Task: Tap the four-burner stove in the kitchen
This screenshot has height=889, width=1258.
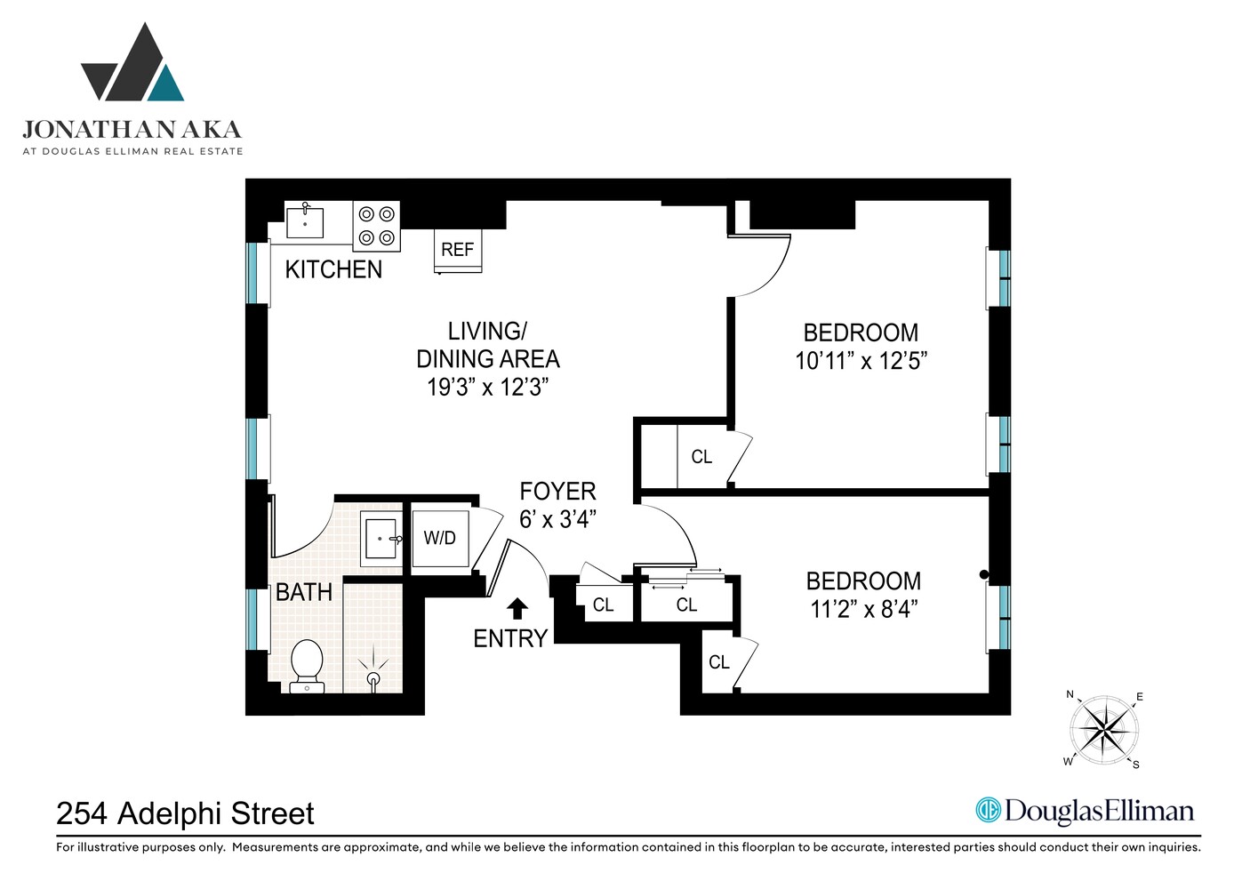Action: pyautogui.click(x=376, y=227)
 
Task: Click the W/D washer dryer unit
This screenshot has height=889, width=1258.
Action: pyautogui.click(x=440, y=538)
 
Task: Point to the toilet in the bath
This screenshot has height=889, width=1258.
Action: pyautogui.click(x=307, y=666)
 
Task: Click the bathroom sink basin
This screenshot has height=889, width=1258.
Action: pyautogui.click(x=381, y=539)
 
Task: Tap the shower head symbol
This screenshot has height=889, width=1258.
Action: pyautogui.click(x=373, y=671)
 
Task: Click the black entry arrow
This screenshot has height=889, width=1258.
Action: pyautogui.click(x=517, y=609)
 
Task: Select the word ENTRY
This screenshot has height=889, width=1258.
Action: pyautogui.click(x=510, y=638)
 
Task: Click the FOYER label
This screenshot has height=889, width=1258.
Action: pyautogui.click(x=557, y=492)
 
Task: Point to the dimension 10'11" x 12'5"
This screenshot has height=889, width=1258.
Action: pyautogui.click(x=861, y=361)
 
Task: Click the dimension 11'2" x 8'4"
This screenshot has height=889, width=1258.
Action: pyautogui.click(x=864, y=609)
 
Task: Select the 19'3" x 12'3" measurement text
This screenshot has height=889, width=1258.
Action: pyautogui.click(x=487, y=387)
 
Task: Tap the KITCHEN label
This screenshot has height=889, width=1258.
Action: pyautogui.click(x=333, y=269)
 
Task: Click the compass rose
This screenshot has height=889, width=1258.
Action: pyautogui.click(x=1103, y=730)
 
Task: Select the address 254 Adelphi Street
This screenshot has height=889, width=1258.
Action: pyautogui.click(x=185, y=813)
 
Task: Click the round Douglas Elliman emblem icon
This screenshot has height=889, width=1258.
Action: pyautogui.click(x=989, y=811)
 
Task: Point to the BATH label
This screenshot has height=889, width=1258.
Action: pyautogui.click(x=304, y=592)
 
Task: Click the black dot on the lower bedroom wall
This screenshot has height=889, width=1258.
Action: pyautogui.click(x=983, y=574)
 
